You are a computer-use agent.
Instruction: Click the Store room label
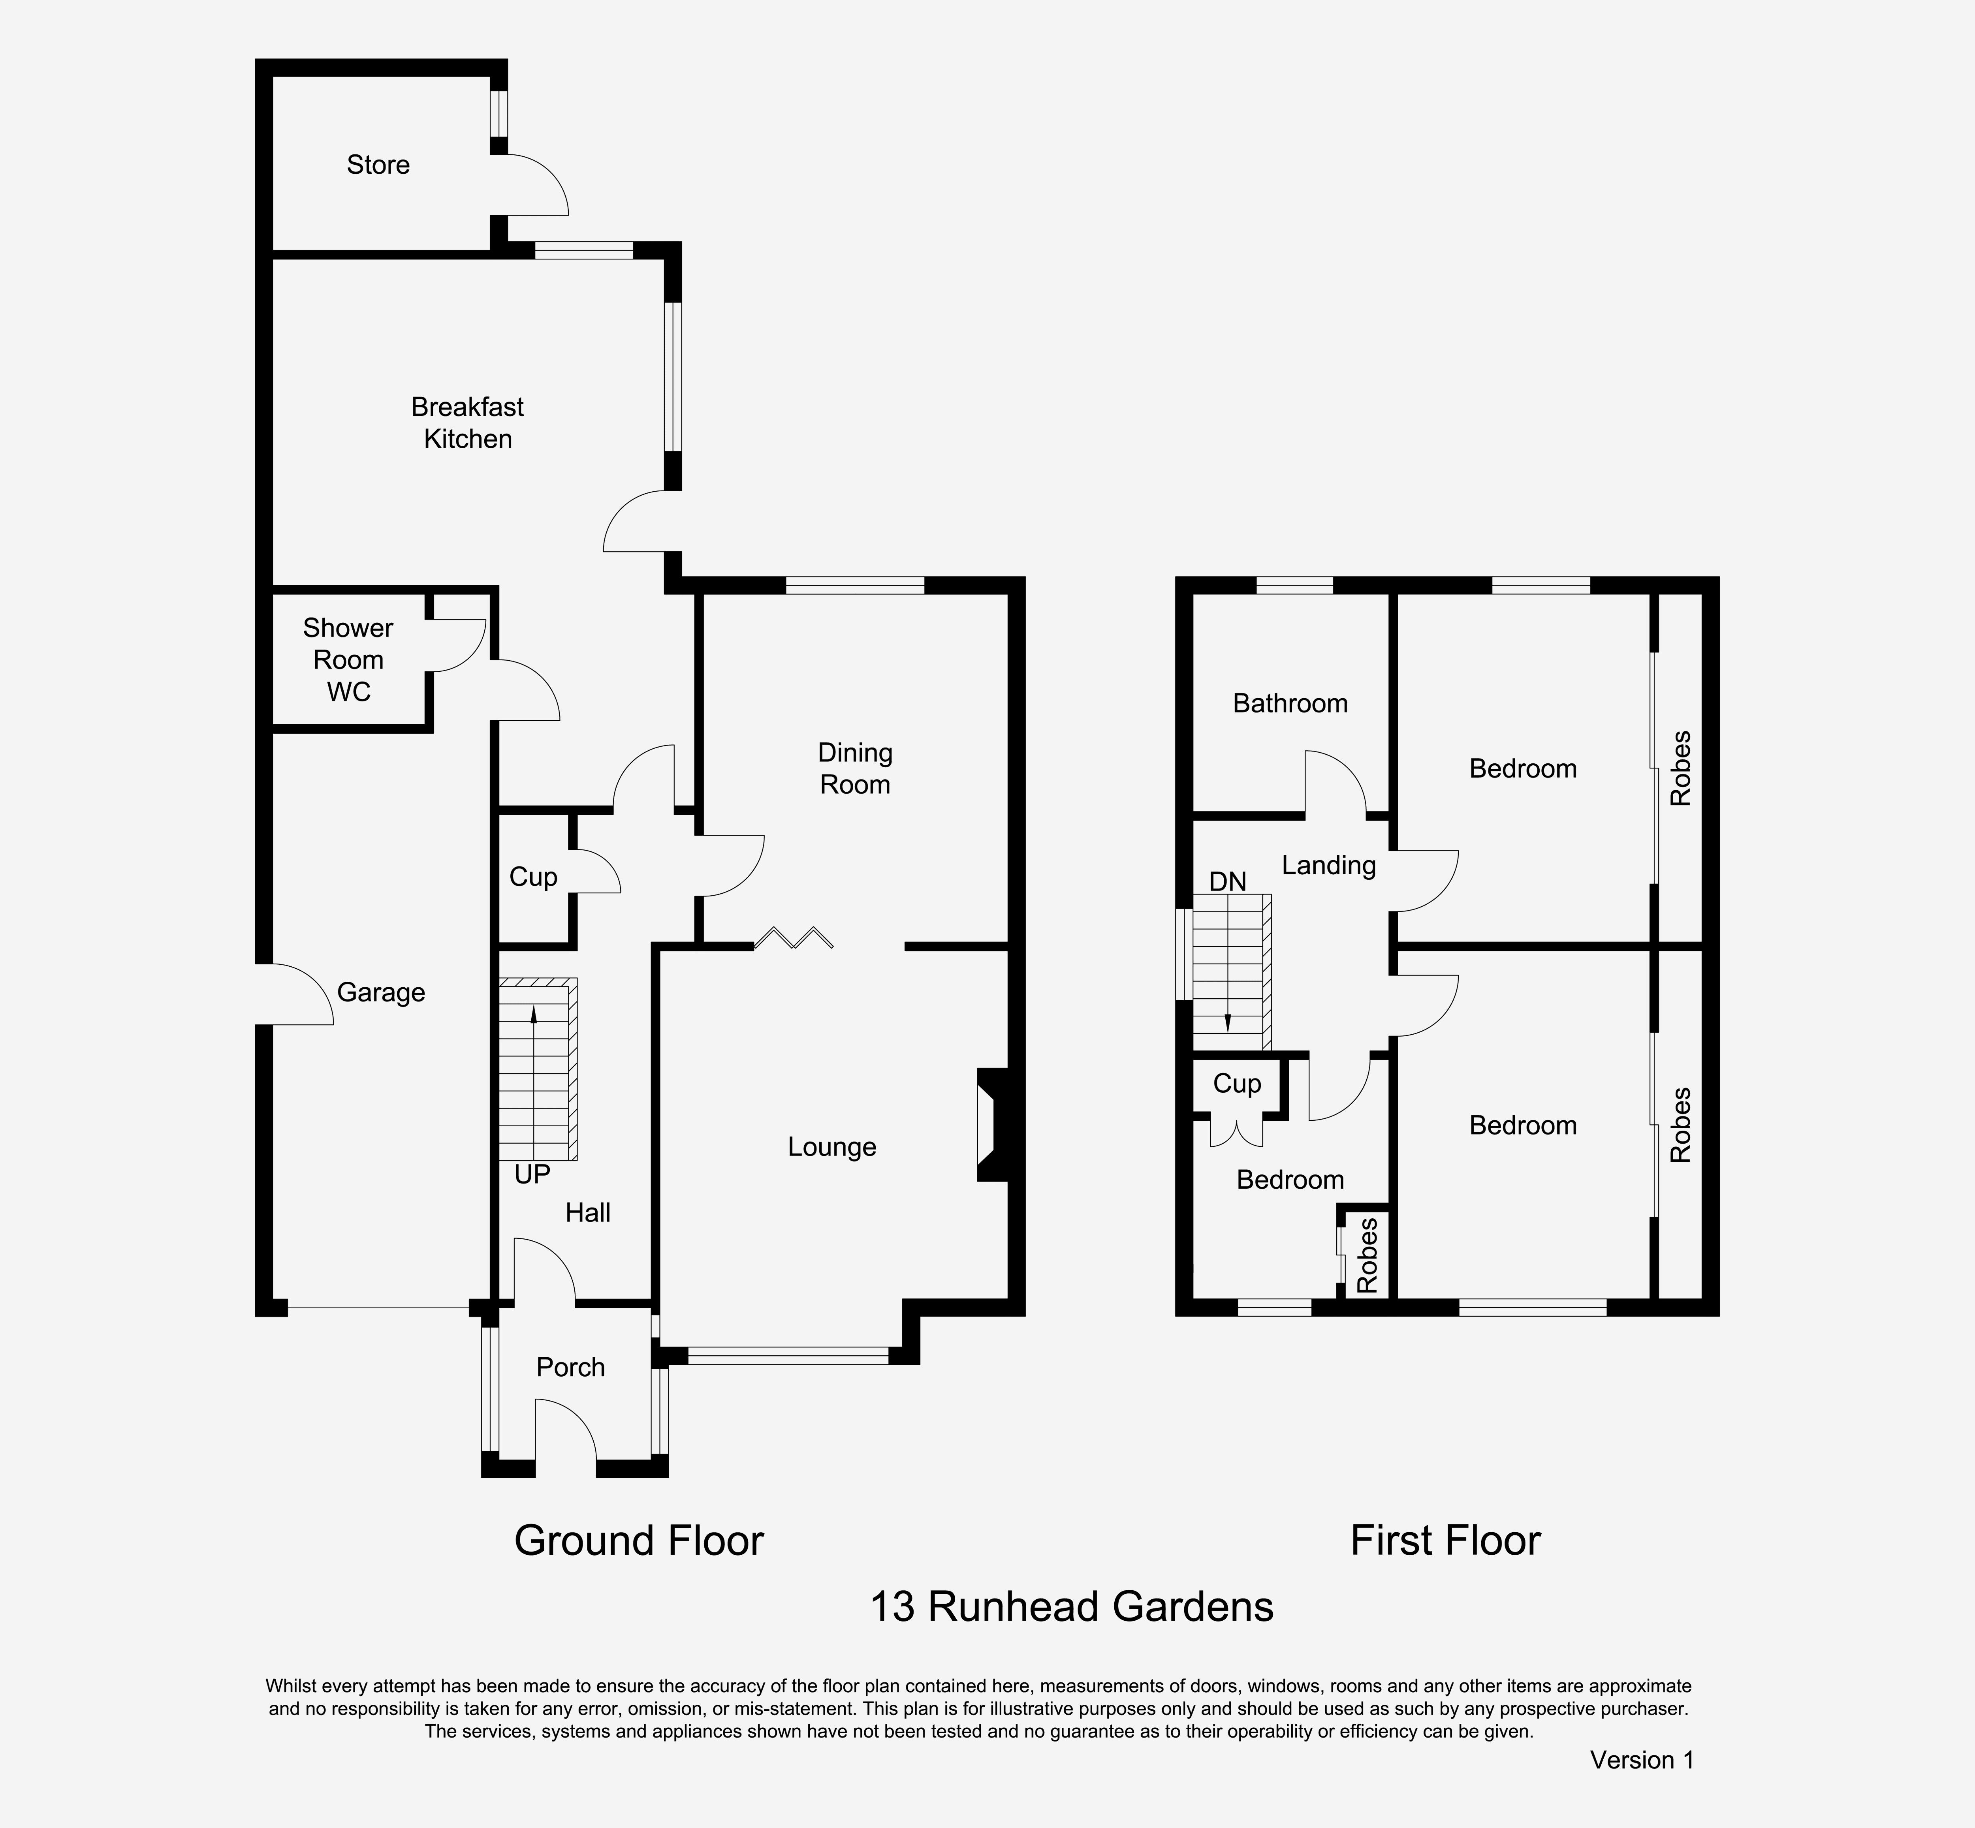pos(378,165)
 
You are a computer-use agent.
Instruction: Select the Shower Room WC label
pos(348,660)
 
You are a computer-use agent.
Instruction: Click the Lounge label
pos(832,1148)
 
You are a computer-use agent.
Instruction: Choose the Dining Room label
pos(855,768)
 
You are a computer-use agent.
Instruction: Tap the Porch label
pos(571,1367)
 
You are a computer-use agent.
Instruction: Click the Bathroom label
pos(1290,703)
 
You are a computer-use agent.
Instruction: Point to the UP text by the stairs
pos(532,1174)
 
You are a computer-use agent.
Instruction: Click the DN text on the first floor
pos(1228,881)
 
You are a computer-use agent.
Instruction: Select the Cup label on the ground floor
pos(533,877)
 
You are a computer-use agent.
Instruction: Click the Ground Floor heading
pos(639,1541)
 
